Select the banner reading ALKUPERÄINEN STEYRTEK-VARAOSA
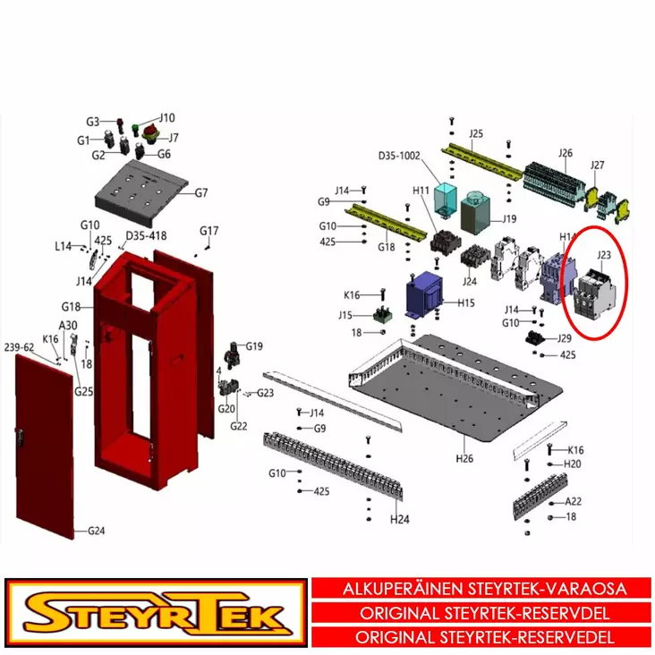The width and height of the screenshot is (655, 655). click(484, 590)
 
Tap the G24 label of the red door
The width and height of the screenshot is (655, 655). click(96, 531)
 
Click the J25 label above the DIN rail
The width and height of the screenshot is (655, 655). click(476, 134)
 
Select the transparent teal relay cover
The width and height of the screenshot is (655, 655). click(444, 200)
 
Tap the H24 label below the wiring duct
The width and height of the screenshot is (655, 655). click(398, 519)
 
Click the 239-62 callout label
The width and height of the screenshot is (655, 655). click(20, 347)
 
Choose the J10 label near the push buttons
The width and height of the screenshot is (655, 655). click(167, 117)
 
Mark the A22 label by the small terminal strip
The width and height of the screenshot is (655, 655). click(573, 502)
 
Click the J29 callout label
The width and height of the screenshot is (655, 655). click(564, 338)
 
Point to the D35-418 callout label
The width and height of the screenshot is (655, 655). click(146, 235)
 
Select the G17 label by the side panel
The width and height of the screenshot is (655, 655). click(208, 231)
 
